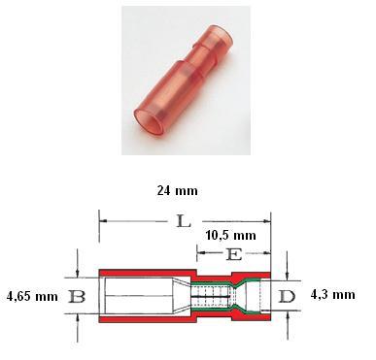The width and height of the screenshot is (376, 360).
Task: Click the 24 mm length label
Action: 177,190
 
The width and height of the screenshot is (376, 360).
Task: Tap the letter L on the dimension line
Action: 184,221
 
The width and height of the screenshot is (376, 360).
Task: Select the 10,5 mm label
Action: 231,236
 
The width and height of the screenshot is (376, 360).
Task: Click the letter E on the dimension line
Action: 234,254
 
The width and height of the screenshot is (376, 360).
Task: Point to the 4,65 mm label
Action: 32,296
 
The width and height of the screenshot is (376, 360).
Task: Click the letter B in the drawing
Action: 77,296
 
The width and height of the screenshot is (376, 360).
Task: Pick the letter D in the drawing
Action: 287,296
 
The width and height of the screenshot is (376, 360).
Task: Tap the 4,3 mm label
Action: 333,295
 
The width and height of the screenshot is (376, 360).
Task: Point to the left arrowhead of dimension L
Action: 103,221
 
